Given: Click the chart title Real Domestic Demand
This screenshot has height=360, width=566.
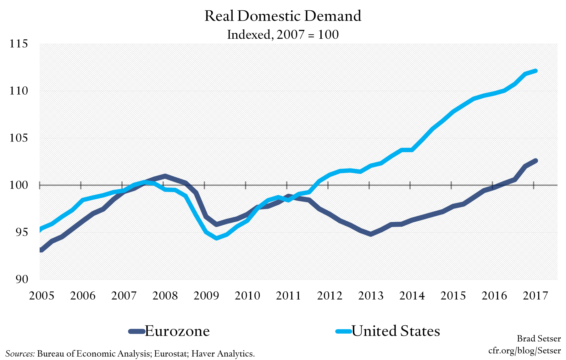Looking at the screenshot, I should coord(283,16).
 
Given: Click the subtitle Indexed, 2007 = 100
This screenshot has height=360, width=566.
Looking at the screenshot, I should coord(283,35).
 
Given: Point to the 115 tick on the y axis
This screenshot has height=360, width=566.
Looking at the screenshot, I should coord(19,43).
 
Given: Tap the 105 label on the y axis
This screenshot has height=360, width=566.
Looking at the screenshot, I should coord(19,138).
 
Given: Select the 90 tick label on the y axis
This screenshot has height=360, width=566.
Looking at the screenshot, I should coord(22,279).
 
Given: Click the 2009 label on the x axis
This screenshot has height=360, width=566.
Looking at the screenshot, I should coord(206,296).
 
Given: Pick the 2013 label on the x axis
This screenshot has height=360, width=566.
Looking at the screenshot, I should coord(371,296).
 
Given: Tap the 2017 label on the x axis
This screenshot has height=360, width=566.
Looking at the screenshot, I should coord(535,296).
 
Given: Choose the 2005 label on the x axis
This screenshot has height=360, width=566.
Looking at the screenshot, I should coord(42,296).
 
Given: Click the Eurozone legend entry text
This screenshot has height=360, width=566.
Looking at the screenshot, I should coord(177,331).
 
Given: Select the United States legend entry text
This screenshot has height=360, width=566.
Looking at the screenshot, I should coord(396,331).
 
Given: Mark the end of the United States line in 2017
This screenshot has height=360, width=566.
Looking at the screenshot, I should coord(535,71).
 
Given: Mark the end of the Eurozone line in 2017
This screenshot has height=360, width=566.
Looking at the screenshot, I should coord(535,161).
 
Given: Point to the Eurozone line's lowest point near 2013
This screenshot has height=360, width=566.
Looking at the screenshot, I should coord(371,234).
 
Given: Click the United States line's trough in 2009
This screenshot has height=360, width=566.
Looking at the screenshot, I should coord(216,238).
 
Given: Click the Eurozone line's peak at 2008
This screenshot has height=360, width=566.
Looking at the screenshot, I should coord(165,176).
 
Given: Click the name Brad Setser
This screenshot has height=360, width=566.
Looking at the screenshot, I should coord(539,339).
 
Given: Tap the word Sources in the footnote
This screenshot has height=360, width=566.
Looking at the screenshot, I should coord(20,354).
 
